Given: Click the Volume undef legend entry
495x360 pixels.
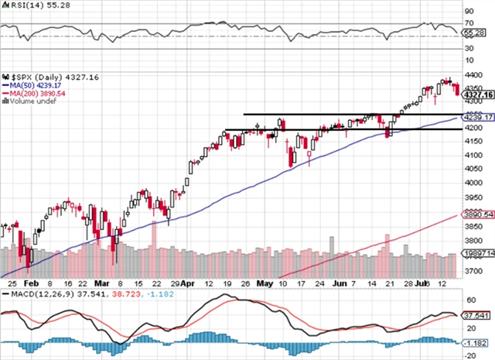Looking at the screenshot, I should [31, 101].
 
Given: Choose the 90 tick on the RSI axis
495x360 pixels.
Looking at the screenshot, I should [469, 11].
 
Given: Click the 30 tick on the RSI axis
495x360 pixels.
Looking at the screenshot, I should [469, 48].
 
